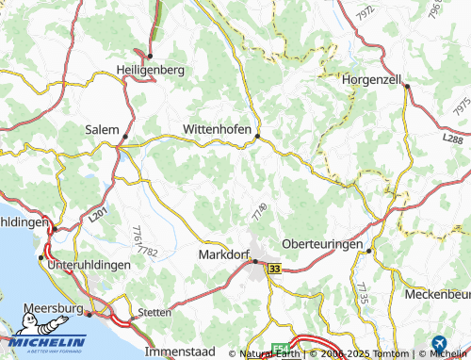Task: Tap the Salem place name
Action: pyautogui.click(x=102, y=130)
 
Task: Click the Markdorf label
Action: pyautogui.click(x=224, y=255)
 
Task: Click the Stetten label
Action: pyautogui.click(x=154, y=312)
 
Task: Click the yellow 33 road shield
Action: pyautogui.click(x=274, y=269)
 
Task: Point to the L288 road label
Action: pyautogui.click(x=452, y=139)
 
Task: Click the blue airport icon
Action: pyautogui.click(x=437, y=345)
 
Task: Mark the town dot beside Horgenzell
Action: pyautogui.click(x=407, y=86)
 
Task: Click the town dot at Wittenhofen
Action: pyautogui.click(x=257, y=138)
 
